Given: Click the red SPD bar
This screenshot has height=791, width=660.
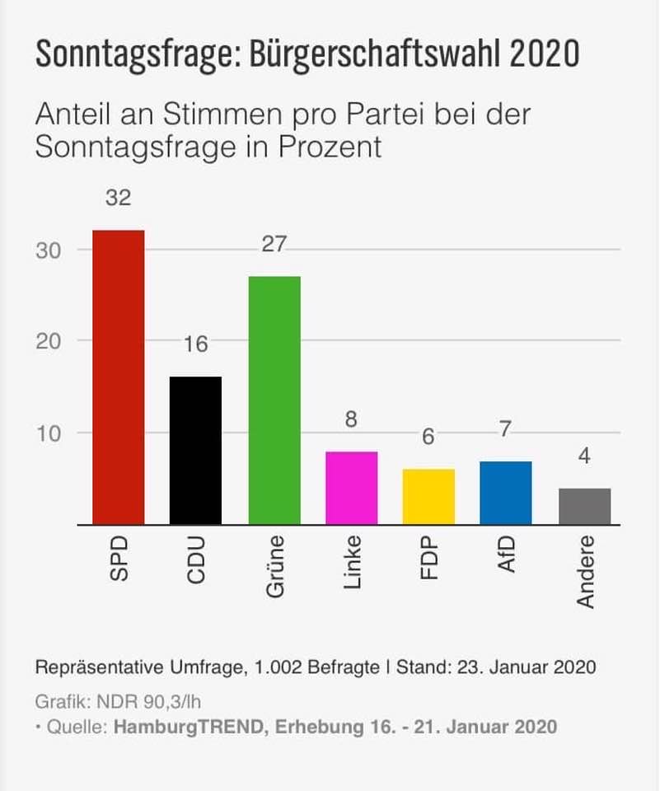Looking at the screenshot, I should [118, 377].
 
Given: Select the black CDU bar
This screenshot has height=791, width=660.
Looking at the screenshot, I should [195, 450].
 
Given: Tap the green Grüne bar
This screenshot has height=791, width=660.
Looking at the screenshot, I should [274, 400].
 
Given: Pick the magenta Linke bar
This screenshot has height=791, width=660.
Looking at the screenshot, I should [352, 488].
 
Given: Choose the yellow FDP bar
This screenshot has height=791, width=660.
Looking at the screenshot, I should [428, 497].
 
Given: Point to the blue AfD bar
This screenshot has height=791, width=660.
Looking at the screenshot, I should [506, 493].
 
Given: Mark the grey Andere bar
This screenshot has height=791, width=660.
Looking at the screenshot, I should [584, 506].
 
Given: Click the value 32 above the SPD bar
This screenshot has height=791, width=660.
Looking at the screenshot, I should [118, 199].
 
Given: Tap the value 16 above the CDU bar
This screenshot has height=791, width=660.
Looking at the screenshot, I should [195, 345].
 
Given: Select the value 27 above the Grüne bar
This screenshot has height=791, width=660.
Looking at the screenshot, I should [274, 245].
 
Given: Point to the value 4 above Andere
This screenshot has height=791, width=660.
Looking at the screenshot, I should [584, 456].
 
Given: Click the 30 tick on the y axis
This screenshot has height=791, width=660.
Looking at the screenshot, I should [49, 250].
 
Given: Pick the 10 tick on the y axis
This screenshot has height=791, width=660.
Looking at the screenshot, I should [49, 433].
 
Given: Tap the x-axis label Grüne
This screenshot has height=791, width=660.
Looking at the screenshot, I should [274, 567].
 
